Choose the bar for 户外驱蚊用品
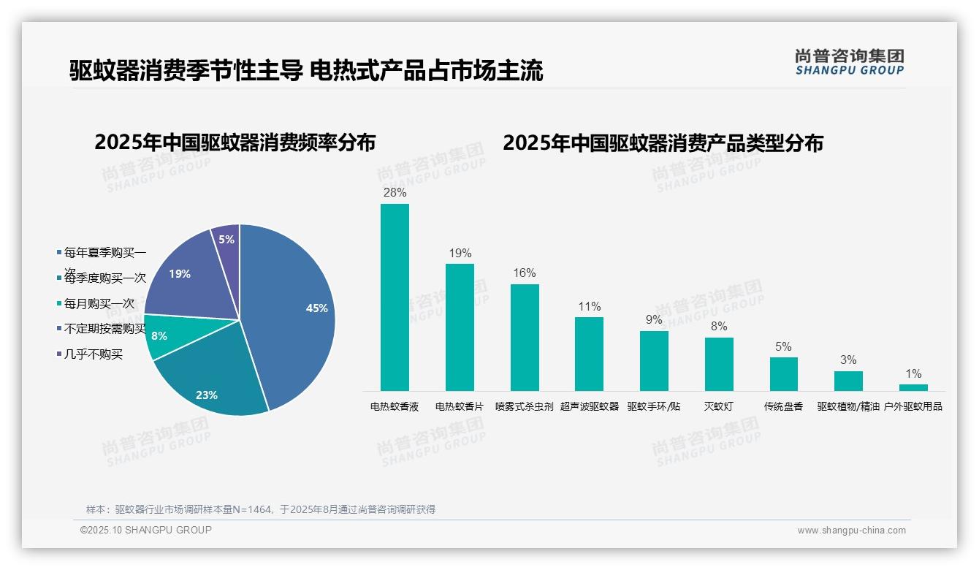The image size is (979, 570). pyautogui.click(x=913, y=387)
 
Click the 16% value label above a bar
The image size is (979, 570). pyautogui.click(x=525, y=273)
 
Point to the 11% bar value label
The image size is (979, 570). pyautogui.click(x=589, y=306)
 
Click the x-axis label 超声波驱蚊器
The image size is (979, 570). pyautogui.click(x=589, y=406)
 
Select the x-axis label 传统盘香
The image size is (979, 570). pyautogui.click(x=783, y=406)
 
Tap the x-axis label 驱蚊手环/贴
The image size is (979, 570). pyautogui.click(x=654, y=406)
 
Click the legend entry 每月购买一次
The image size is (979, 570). pyautogui.click(x=99, y=303)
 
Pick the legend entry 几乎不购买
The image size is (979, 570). pyautogui.click(x=93, y=354)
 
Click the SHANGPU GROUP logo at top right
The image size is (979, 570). pyautogui.click(x=849, y=62)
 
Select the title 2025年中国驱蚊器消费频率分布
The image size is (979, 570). pyautogui.click(x=235, y=142)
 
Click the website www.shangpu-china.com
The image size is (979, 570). pyautogui.click(x=851, y=531)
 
